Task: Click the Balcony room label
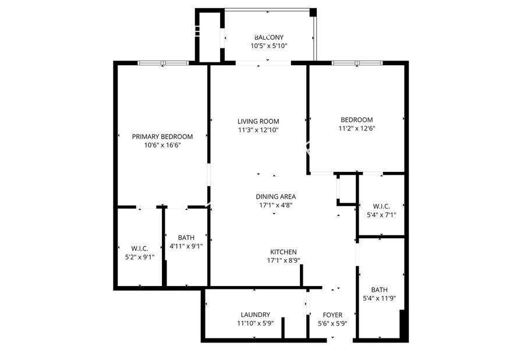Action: tap(268, 37)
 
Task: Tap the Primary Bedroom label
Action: tap(162, 136)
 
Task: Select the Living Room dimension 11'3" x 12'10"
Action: tap(259, 130)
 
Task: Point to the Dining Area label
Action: tap(276, 196)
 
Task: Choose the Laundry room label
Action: tap(256, 315)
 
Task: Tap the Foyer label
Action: tap(332, 315)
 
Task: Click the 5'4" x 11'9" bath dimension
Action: tap(379, 298)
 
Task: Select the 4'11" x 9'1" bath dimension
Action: tap(186, 246)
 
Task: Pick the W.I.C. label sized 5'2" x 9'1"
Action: tap(140, 248)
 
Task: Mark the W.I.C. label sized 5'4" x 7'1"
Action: tap(381, 206)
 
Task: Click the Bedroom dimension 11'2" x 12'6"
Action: tap(357, 128)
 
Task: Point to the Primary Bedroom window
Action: tap(163, 63)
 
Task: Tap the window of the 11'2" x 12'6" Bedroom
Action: tap(357, 63)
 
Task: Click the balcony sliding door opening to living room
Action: tap(263, 63)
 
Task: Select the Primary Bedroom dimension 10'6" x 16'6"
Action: tap(162, 145)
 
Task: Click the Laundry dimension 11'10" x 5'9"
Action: tap(256, 323)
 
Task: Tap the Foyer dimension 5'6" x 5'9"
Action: tap(332, 323)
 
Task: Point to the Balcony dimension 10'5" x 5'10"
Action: tap(269, 46)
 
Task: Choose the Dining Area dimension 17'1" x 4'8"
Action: tap(276, 205)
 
